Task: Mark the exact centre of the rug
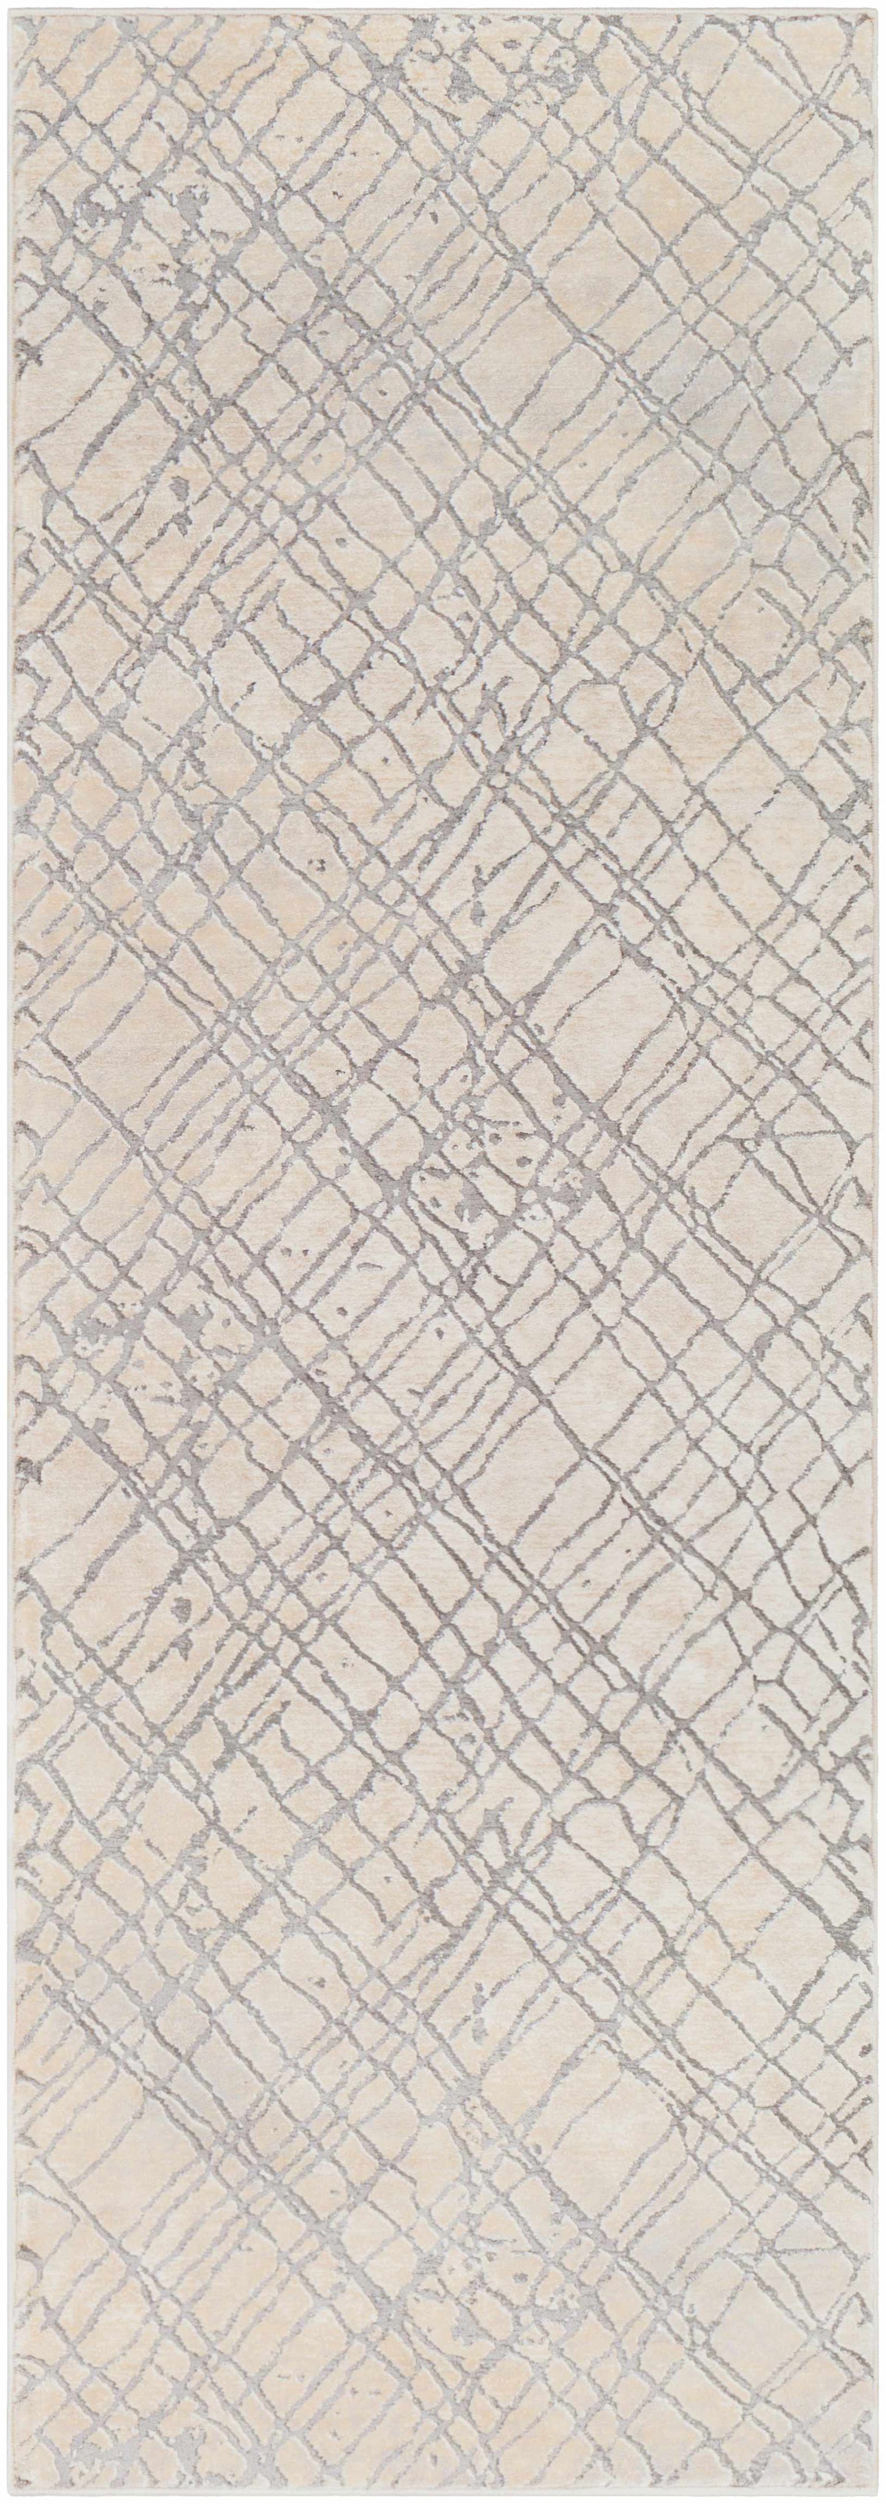(x=443, y=1252)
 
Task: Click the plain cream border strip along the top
(x=443, y=13)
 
